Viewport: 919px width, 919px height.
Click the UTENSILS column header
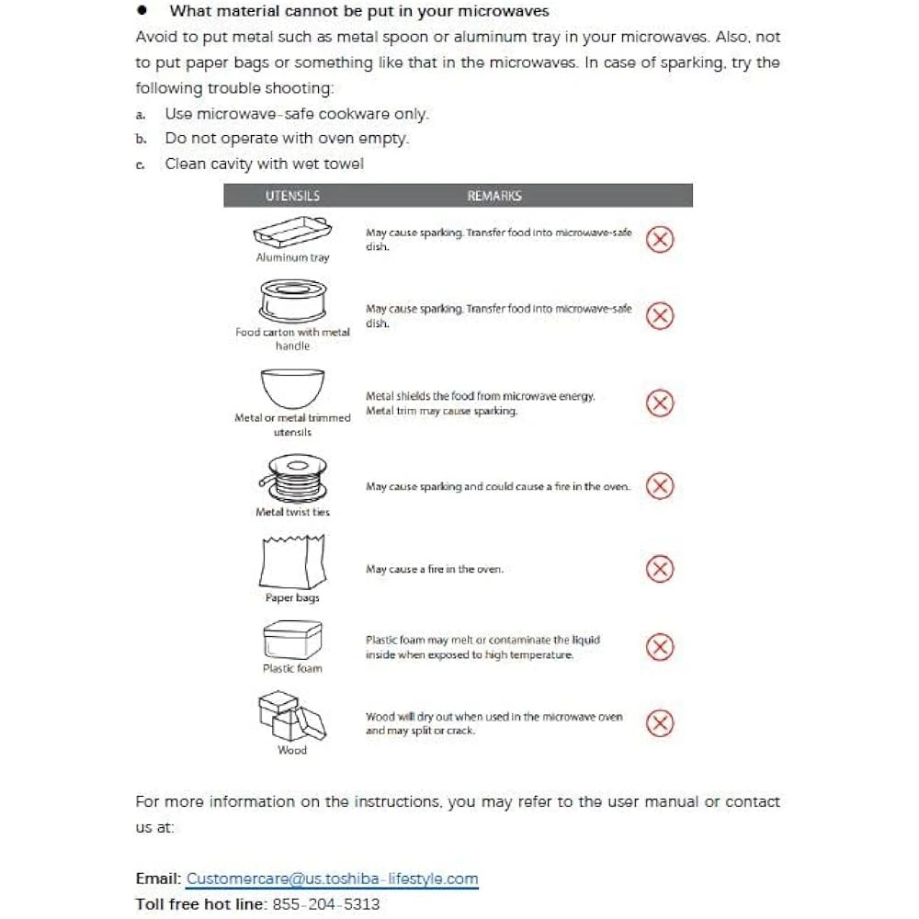(292, 196)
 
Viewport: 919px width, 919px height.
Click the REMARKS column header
(494, 196)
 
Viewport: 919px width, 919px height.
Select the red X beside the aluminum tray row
(660, 240)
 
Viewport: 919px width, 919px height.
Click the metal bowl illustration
(292, 388)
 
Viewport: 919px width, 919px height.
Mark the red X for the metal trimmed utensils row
(660, 403)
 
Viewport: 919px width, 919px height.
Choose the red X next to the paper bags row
(660, 569)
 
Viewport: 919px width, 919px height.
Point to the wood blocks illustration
(292, 717)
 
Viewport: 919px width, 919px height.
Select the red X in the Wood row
(660, 723)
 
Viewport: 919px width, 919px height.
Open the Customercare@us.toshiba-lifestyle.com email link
(332, 879)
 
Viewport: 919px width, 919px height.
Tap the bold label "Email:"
(158, 879)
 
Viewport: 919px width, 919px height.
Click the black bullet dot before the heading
(142, 11)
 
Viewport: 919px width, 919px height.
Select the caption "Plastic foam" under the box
(292, 668)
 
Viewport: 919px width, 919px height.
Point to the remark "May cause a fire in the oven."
(435, 569)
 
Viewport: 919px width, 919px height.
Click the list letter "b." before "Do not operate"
(141, 140)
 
